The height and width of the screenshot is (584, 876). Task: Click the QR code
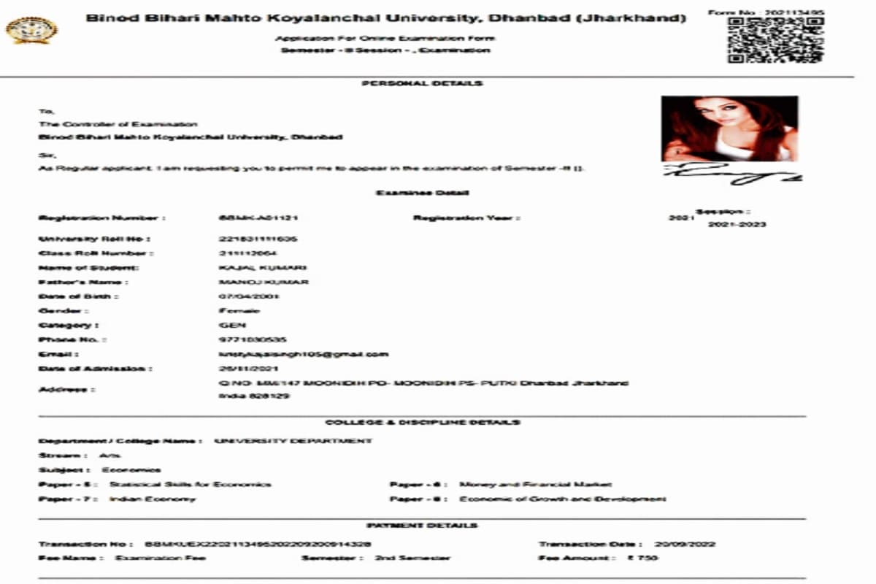pyautogui.click(x=775, y=39)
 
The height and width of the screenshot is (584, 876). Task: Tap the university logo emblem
pyautogui.click(x=31, y=30)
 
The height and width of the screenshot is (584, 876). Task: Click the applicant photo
pyautogui.click(x=729, y=128)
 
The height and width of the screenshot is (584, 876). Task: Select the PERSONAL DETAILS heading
pyautogui.click(x=422, y=84)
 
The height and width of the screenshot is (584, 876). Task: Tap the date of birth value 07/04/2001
pyautogui.click(x=249, y=296)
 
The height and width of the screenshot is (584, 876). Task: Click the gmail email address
pyautogui.click(x=304, y=354)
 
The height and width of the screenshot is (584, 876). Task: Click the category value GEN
pyautogui.click(x=233, y=325)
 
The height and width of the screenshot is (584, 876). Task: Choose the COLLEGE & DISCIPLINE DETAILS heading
pyautogui.click(x=423, y=423)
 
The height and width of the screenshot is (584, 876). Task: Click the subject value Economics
pyautogui.click(x=131, y=470)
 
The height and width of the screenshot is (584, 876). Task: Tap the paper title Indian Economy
pyautogui.click(x=153, y=499)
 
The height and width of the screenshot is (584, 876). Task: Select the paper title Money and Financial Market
pyautogui.click(x=535, y=485)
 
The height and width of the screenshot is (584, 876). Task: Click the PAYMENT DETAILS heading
pyautogui.click(x=422, y=526)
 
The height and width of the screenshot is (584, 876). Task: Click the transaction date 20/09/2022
pyautogui.click(x=685, y=545)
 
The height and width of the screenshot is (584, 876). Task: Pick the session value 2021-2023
pyautogui.click(x=737, y=225)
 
